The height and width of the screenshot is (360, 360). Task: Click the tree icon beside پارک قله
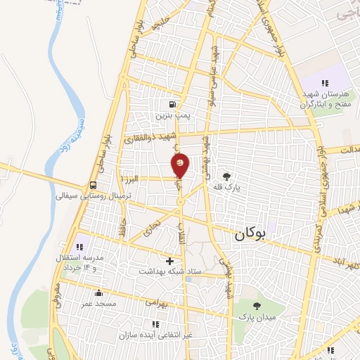(x=226, y=176)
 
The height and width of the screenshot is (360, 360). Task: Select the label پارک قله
(x=227, y=188)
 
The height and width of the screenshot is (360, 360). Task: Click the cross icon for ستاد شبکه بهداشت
(x=169, y=261)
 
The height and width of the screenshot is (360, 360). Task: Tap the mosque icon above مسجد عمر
(x=98, y=293)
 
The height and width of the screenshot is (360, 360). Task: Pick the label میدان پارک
(x=258, y=317)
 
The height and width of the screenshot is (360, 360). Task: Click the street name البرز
(x=148, y=179)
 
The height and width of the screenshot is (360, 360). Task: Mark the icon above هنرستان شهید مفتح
(x=324, y=83)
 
